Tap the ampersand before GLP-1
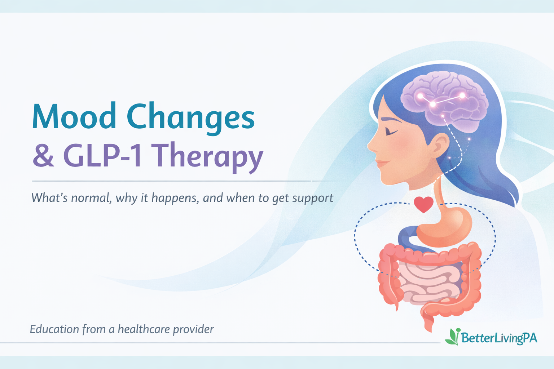pyautogui.click(x=43, y=155)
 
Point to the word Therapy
pyautogui.click(x=209, y=156)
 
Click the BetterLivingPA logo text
pyautogui.click(x=499, y=338)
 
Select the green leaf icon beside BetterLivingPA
pyautogui.click(x=452, y=337)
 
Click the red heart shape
pyautogui.click(x=423, y=204)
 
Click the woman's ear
pyautogui.click(x=439, y=144)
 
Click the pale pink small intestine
pyautogui.click(x=429, y=281)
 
